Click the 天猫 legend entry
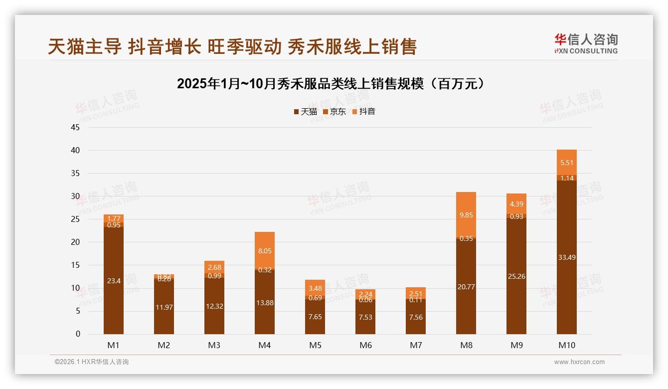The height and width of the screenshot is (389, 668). [x=306, y=112]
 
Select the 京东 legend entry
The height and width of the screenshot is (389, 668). [x=334, y=112]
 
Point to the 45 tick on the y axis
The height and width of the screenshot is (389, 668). [x=75, y=127]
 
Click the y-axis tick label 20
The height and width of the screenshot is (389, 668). [x=75, y=242]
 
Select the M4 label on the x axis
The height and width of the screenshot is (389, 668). [x=265, y=345]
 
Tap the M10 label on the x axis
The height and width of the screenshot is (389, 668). [x=566, y=345]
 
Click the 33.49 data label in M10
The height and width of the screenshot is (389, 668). [x=567, y=257]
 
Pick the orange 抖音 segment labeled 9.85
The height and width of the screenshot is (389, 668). [x=466, y=215]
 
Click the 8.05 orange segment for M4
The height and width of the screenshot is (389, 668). [x=265, y=251]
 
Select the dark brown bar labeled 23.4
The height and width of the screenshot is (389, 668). [x=114, y=281]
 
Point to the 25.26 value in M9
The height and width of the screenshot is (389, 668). [x=516, y=276]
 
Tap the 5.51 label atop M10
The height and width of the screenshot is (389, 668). [x=567, y=162]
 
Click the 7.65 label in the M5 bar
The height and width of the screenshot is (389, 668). [x=315, y=317]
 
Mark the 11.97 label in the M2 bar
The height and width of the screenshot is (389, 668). [x=164, y=307]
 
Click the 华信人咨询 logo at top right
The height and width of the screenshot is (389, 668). [x=586, y=43]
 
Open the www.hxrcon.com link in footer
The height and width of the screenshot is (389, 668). [x=579, y=362]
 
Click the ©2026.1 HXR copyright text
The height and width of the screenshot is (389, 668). [x=92, y=362]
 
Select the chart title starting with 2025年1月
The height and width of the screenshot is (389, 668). [x=331, y=84]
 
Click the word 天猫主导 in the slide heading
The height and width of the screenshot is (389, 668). [x=85, y=47]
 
